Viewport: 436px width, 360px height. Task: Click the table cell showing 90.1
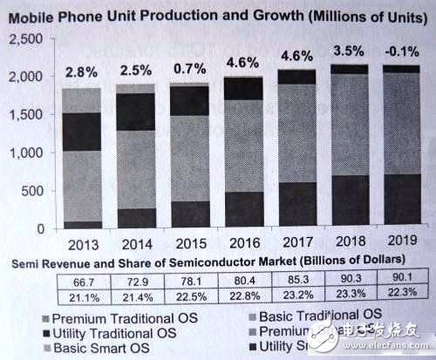(x=402, y=280)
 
